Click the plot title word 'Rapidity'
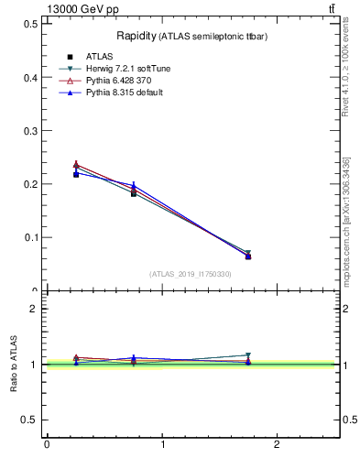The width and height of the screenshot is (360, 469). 136,36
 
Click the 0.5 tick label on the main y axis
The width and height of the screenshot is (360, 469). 30,25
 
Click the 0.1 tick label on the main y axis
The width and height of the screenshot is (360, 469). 30,237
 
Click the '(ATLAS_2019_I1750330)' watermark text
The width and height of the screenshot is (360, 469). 190,274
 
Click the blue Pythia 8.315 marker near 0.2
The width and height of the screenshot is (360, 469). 134,185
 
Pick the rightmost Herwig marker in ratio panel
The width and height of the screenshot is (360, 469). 248,355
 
